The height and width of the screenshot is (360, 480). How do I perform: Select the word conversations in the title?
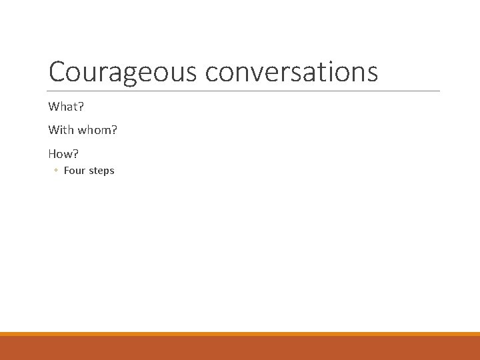[291, 72]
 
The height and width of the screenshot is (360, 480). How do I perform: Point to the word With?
[61, 130]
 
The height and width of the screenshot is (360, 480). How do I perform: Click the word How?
[62, 153]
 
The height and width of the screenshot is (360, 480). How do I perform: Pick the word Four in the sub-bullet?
[75, 171]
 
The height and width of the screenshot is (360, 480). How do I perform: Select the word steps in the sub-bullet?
[101, 171]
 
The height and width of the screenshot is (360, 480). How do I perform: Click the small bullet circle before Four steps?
[56, 171]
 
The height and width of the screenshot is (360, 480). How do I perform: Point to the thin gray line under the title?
[244, 91]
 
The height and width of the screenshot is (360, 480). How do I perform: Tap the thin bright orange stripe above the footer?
[240, 334]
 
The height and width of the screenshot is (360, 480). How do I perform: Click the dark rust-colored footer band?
[240, 348]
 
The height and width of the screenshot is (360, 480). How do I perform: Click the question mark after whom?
[115, 130]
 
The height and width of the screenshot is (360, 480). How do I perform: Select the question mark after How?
[76, 153]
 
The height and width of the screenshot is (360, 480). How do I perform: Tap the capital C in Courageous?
[57, 72]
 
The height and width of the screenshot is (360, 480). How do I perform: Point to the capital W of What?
[53, 107]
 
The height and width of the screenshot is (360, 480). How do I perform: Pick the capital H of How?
[53, 153]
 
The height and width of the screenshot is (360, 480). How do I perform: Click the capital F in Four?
[67, 171]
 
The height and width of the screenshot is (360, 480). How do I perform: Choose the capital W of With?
[53, 130]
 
